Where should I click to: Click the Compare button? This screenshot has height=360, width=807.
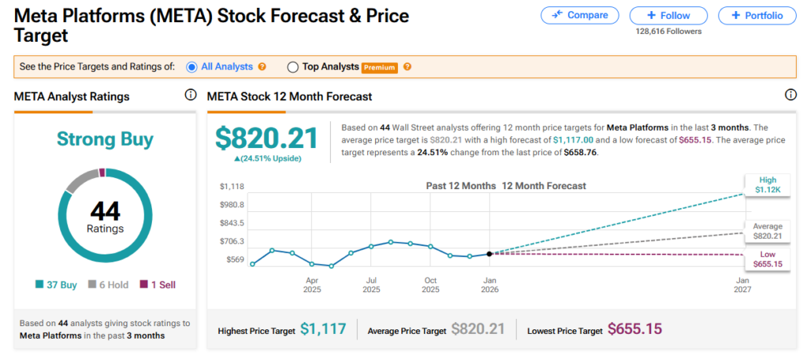coord(579,15)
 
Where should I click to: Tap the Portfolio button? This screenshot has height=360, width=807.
coord(757,15)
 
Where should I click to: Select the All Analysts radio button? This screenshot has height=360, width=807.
coord(192,67)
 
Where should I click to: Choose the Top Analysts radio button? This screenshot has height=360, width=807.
coord(293,67)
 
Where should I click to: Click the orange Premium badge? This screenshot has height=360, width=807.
coord(380,68)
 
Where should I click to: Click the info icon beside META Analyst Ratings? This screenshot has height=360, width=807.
coord(190,95)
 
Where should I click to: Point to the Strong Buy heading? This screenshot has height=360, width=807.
coord(105,139)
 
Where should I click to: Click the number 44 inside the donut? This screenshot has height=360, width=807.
coord(105,210)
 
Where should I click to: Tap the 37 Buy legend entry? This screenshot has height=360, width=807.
coord(56,284)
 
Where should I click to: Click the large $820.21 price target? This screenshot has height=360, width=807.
coord(266,138)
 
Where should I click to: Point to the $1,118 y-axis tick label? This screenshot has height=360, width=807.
coord(232,186)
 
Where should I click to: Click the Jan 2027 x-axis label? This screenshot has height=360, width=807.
coord(742,284)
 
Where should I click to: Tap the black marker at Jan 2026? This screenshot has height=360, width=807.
coord(489,254)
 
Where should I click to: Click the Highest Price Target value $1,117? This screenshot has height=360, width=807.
coord(323,330)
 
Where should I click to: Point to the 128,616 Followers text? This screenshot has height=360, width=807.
coord(668,32)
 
